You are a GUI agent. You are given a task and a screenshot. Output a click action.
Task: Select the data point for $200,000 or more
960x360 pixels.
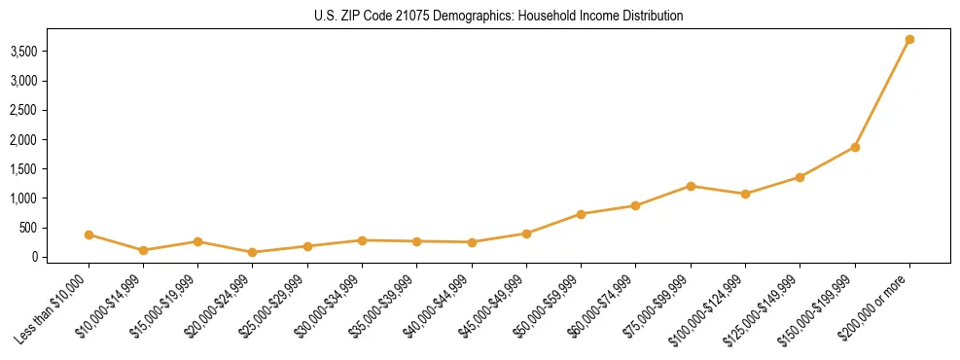pyautogui.click(x=909, y=39)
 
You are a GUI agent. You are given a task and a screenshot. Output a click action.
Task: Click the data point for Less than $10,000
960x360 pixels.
pyautogui.click(x=89, y=234)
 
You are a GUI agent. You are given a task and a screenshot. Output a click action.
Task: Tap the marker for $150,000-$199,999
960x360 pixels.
pyautogui.click(x=855, y=147)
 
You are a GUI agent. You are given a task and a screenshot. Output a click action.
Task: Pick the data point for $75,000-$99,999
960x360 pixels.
pyautogui.click(x=691, y=186)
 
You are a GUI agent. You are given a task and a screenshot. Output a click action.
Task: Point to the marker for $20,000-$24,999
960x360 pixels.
pyautogui.click(x=253, y=252)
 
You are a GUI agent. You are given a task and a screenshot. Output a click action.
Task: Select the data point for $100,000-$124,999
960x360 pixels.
pyautogui.click(x=745, y=194)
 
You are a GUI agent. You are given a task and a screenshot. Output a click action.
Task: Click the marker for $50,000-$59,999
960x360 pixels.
pyautogui.click(x=581, y=214)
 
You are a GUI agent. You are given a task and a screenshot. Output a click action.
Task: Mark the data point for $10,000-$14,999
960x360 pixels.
pyautogui.click(x=143, y=250)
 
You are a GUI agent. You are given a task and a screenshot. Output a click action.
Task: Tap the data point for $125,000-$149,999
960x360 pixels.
pyautogui.click(x=800, y=177)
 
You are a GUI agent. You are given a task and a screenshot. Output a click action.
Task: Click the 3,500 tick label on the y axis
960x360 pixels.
pyautogui.click(x=37, y=51)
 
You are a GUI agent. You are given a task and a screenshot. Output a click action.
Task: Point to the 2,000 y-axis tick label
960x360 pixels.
pyautogui.click(x=37, y=139)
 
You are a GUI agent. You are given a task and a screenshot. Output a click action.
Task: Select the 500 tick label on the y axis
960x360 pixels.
pyautogui.click(x=44, y=228)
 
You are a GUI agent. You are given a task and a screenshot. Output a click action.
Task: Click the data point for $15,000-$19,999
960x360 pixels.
pyautogui.click(x=197, y=241)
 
